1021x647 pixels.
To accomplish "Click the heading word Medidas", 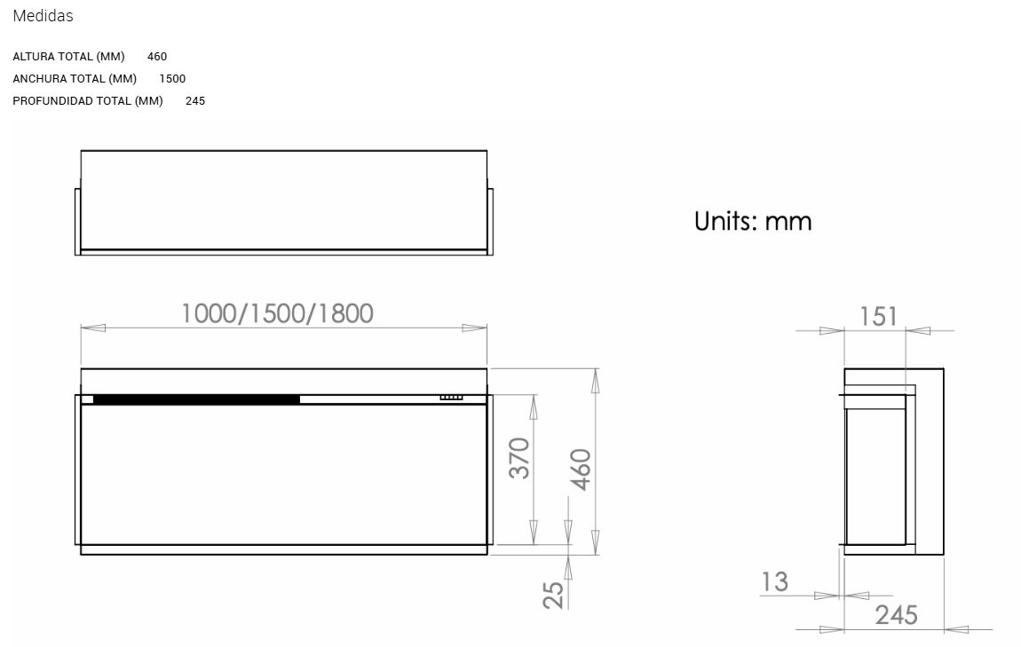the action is click(43, 16).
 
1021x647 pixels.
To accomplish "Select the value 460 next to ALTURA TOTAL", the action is click(157, 57).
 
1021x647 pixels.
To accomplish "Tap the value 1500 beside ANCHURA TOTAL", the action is click(172, 79).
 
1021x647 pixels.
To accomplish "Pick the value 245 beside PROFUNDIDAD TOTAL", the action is click(195, 101).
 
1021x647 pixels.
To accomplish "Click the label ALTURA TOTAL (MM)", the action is click(68, 57).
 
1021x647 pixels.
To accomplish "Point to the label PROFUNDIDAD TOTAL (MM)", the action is click(88, 101).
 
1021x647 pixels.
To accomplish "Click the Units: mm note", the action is click(753, 221).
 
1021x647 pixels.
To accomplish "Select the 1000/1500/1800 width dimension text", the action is click(277, 313).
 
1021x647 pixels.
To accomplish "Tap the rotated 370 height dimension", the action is click(519, 458).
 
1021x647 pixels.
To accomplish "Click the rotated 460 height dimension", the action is click(580, 469).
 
